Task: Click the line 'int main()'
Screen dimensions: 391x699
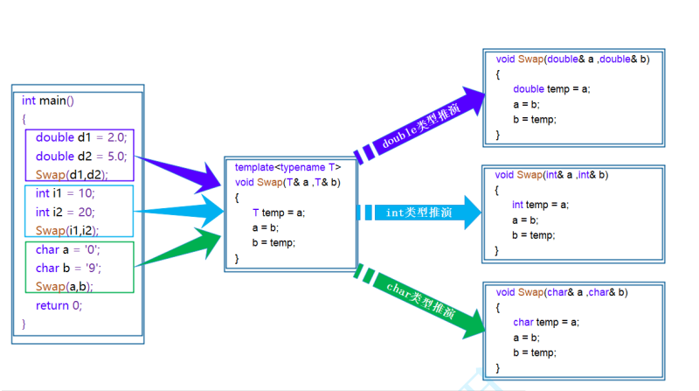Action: [48, 101]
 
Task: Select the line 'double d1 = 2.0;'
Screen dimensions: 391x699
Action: [81, 137]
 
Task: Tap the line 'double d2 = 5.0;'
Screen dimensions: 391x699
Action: [81, 157]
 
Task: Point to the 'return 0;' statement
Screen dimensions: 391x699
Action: [59, 305]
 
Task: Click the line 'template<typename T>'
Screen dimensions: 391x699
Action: [287, 167]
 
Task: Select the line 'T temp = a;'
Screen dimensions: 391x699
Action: [279, 213]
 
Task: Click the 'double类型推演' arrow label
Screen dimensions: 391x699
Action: [420, 129]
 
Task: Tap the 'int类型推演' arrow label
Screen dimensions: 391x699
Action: [419, 213]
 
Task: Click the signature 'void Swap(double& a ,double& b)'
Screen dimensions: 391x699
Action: [572, 59]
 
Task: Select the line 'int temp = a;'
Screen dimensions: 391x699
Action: [540, 205]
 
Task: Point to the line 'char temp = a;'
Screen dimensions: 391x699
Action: [545, 323]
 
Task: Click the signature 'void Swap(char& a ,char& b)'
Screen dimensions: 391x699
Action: [562, 292]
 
